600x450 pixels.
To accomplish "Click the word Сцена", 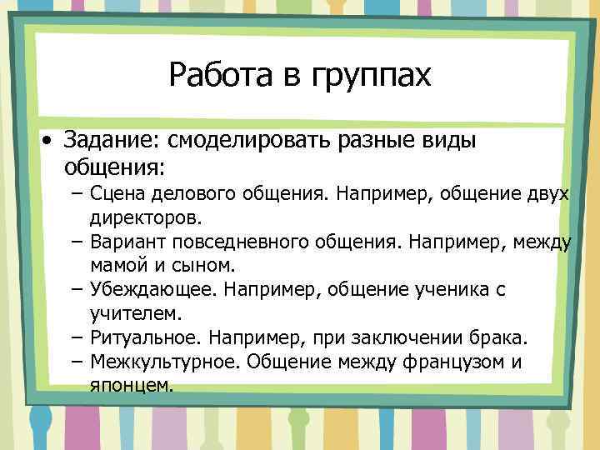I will click(119, 194).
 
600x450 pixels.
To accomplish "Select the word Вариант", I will click(129, 242).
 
